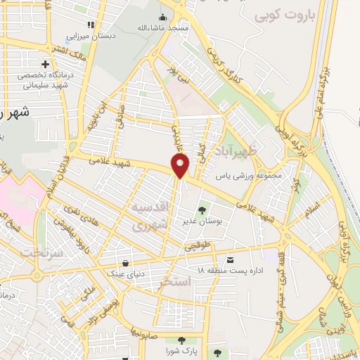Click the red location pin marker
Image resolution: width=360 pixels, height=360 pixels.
[181, 166]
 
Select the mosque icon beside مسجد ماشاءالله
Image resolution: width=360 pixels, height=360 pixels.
[164, 17]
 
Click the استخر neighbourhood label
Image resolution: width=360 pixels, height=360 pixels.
[175, 283]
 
